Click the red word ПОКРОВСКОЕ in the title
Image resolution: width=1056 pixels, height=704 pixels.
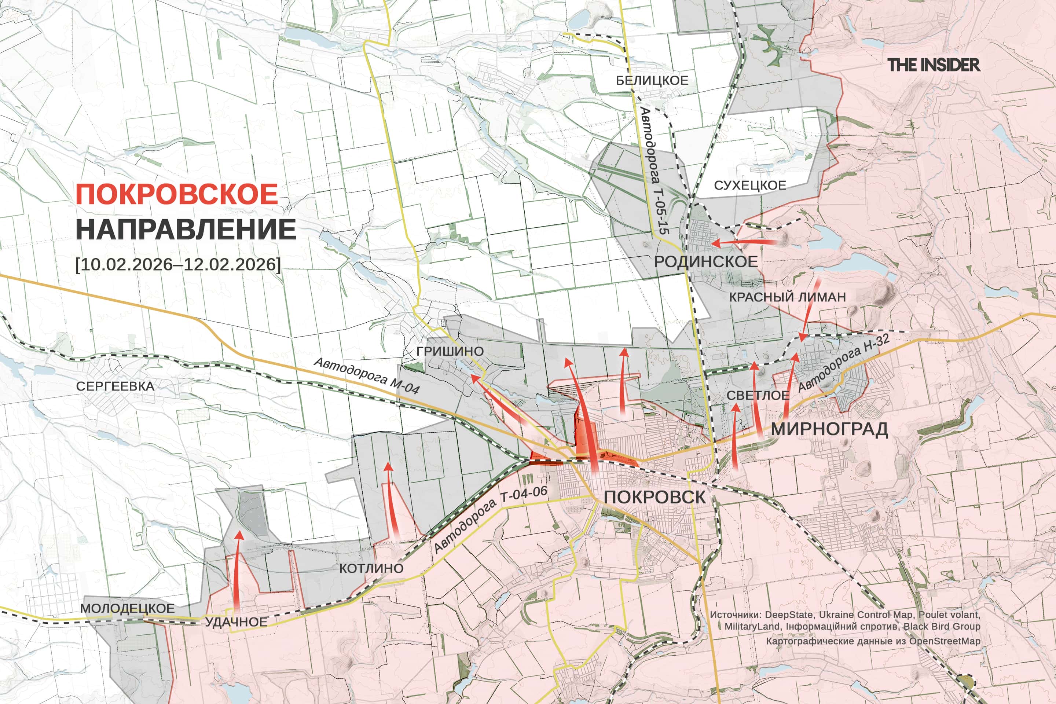pyautogui.click(x=177, y=194)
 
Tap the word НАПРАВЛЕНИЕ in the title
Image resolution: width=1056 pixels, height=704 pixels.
pyautogui.click(x=186, y=230)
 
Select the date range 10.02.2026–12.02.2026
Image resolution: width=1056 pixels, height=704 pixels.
pyautogui.click(x=178, y=264)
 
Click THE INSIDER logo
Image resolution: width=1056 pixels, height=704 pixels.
pyautogui.click(x=934, y=65)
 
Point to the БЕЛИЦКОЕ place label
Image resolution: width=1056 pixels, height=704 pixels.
pyautogui.click(x=652, y=80)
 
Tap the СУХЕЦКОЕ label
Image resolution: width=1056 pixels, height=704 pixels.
pyautogui.click(x=750, y=186)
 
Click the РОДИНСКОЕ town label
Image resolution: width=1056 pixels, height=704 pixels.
pyautogui.click(x=706, y=261)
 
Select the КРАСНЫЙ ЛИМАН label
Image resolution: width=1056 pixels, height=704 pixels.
pyautogui.click(x=787, y=297)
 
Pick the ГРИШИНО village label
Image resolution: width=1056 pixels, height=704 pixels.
pyautogui.click(x=450, y=351)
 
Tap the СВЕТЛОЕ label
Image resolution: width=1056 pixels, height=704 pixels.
pyautogui.click(x=758, y=395)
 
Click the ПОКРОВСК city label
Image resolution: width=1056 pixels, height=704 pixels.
pyautogui.click(x=654, y=497)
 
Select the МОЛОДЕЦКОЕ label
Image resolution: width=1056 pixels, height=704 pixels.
pyautogui.click(x=127, y=608)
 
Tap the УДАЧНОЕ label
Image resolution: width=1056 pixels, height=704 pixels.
pyautogui.click(x=236, y=622)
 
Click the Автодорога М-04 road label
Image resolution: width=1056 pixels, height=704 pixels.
pyautogui.click(x=366, y=375)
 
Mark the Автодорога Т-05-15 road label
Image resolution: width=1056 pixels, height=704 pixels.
pyautogui.click(x=654, y=170)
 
